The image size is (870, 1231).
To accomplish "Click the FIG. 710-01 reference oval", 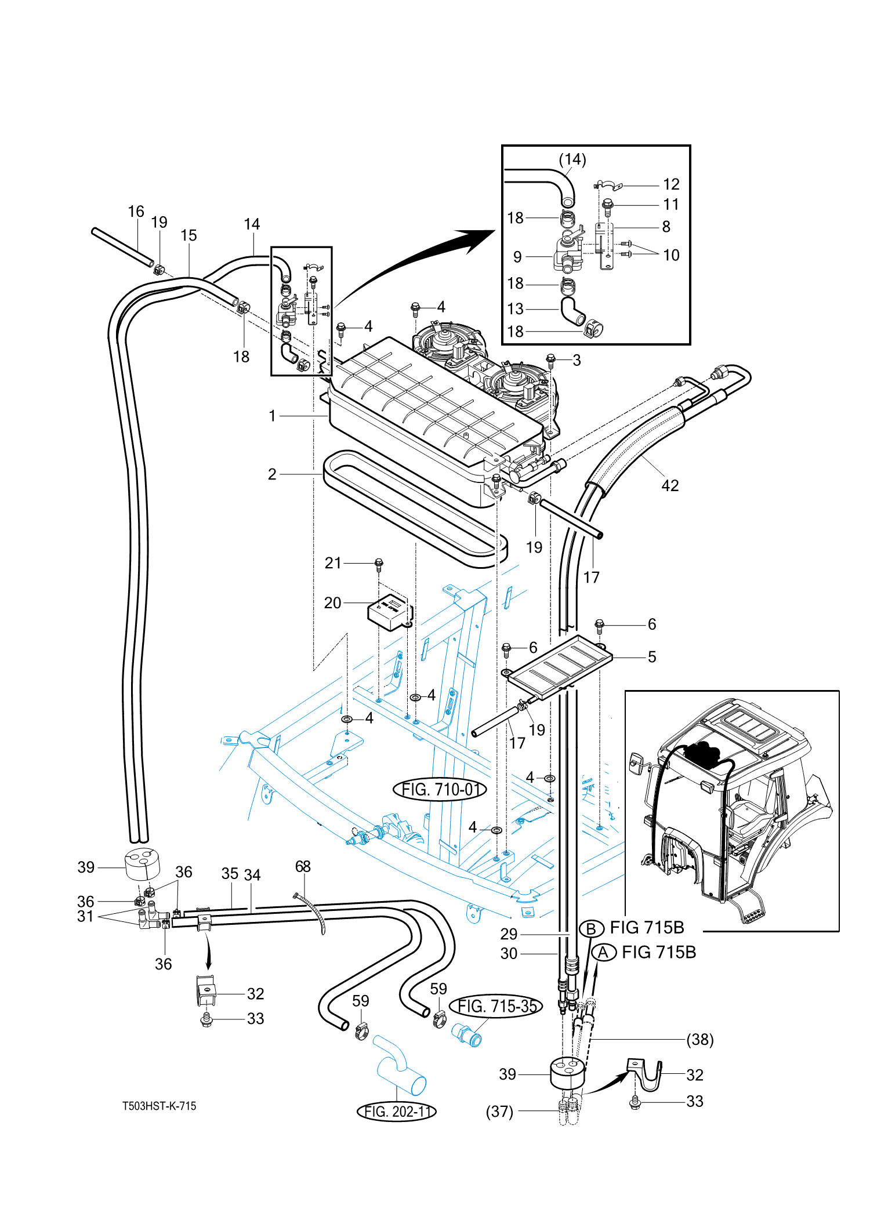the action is tap(440, 789).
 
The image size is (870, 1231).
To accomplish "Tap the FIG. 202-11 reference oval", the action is tap(396, 1111).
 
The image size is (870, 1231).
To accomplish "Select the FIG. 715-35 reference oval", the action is tap(496, 1006).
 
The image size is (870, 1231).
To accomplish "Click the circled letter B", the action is tap(591, 929).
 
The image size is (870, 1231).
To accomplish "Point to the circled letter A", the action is tap(603, 953).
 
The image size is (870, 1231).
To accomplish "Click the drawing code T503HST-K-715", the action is tap(159, 1106).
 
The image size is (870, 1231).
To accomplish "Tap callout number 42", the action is tap(670, 485).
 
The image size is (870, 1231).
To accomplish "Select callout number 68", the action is tap(303, 866).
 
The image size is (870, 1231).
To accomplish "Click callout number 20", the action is tap(332, 602).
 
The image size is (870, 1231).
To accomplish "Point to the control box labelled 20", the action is tap(390, 612).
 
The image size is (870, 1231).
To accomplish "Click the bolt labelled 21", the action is tap(379, 564).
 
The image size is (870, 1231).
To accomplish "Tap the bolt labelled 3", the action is tap(551, 361).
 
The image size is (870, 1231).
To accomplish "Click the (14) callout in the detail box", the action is tap(572, 159).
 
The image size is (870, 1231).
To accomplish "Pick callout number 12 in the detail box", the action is tap(671, 184).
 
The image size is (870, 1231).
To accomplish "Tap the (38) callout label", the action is tap(700, 1040).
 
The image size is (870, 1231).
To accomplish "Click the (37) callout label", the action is tap(499, 1112).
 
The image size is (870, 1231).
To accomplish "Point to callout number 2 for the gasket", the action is tap(272, 474).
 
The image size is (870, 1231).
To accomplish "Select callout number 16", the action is tap(136, 212).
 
